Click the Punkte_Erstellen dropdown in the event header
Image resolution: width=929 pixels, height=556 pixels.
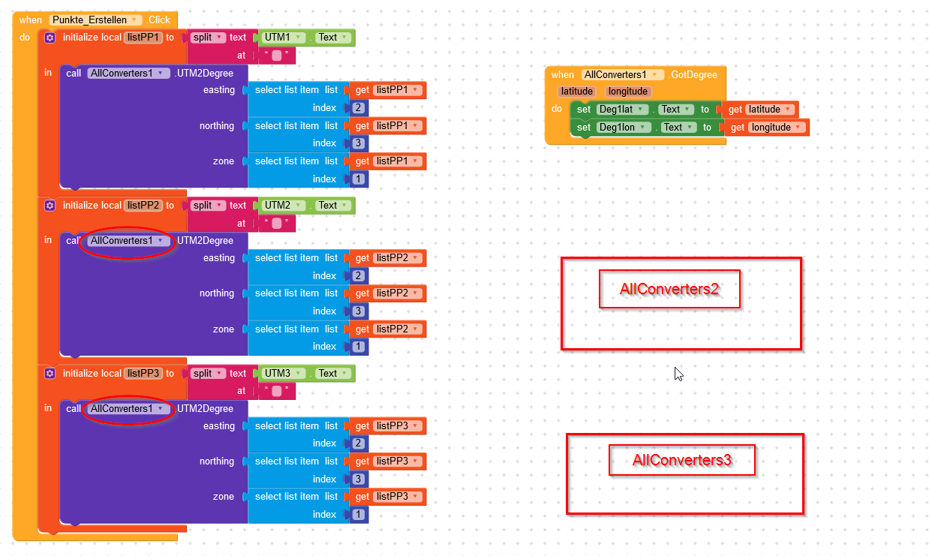(95, 20)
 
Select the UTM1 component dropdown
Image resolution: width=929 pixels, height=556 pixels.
(283, 38)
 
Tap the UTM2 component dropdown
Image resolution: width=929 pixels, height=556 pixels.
(283, 206)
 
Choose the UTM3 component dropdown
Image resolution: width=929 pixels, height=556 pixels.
(283, 373)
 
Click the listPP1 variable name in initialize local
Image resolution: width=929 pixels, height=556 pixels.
(143, 38)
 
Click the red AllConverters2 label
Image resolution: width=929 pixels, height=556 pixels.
(669, 289)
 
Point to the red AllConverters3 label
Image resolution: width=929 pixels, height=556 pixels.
(682, 460)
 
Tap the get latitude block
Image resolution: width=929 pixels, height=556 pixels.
(760, 110)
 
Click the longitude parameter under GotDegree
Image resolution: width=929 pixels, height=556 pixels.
(627, 92)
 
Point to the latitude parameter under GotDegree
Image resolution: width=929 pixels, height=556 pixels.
(576, 92)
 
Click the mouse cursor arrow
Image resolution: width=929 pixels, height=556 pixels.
(678, 374)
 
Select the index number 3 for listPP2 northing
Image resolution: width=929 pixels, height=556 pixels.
(359, 311)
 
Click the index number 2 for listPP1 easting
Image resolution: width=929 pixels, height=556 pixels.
(359, 108)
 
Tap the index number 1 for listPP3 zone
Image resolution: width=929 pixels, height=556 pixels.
(359, 515)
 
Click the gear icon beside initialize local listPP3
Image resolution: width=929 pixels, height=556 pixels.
(50, 373)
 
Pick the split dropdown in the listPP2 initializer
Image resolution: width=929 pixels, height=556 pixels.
(207, 206)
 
